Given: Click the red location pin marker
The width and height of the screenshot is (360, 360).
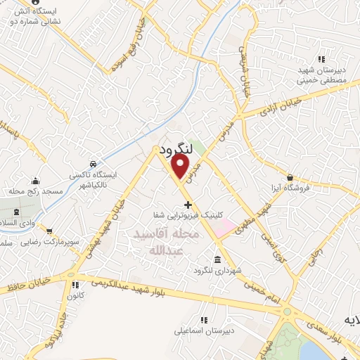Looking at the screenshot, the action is coord(181,166).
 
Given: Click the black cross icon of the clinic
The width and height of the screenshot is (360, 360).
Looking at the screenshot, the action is coord(186,205).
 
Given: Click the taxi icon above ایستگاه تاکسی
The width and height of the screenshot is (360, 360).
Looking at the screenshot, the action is coord(93,164).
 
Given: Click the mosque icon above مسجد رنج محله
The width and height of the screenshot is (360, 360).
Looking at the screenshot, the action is coord(35,180).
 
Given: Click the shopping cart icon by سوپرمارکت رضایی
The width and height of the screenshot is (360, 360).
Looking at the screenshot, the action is coord(49,230).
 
